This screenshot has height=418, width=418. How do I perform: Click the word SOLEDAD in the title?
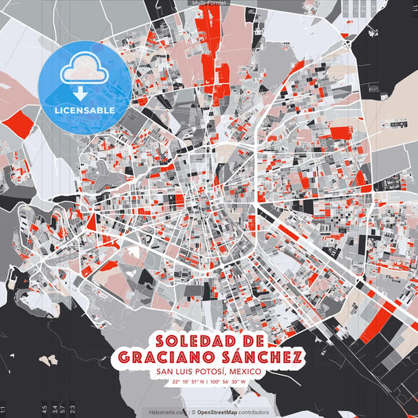(x=195, y=342)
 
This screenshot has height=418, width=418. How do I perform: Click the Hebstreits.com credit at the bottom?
(x=167, y=412)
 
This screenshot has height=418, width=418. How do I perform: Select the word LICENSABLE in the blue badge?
(x=85, y=109)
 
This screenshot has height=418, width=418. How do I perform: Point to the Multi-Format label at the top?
(x=208, y=3)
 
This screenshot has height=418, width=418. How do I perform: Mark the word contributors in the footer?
(x=253, y=412)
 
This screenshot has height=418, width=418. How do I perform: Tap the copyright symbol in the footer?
(x=192, y=412)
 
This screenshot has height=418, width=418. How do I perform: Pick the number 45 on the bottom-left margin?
(x=45, y=408)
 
